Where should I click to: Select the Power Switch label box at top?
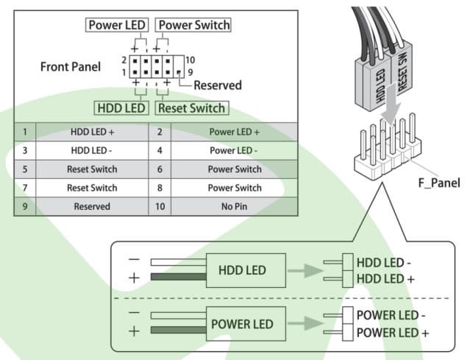tap(193, 25)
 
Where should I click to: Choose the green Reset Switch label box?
tap(191, 108)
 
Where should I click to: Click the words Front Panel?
tap(70, 66)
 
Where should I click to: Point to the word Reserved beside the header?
tap(217, 85)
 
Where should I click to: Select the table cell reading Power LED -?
tap(234, 150)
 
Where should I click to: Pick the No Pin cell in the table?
tap(234, 207)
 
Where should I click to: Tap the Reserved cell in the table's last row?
tap(92, 207)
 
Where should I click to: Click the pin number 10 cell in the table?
tap(160, 207)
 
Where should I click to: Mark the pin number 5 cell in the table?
tap(25, 169)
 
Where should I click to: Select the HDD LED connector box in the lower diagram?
tap(242, 271)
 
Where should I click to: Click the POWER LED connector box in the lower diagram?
tap(242, 324)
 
